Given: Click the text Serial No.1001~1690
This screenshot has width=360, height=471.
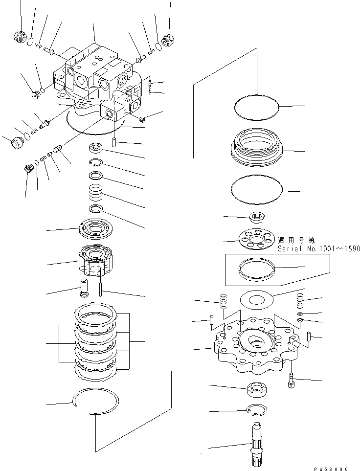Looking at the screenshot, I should pyautogui.click(x=318, y=248).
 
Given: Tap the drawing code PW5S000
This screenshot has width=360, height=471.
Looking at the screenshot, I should pyautogui.click(x=331, y=468).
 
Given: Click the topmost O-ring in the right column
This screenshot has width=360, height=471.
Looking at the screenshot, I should pyautogui.click(x=256, y=107).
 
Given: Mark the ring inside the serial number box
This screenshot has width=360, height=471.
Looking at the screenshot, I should pyautogui.click(x=257, y=268).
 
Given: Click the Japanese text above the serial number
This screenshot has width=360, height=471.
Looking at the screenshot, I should pyautogui.click(x=296, y=240).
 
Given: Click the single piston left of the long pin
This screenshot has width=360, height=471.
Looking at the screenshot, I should pyautogui.click(x=83, y=288).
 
